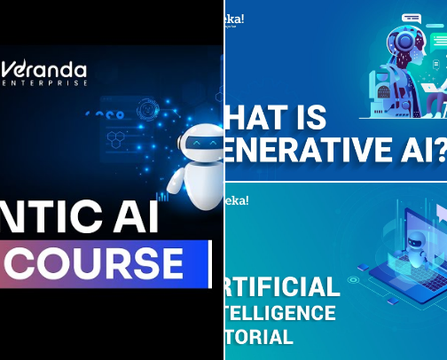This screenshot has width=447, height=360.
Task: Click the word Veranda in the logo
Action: click(x=50, y=69)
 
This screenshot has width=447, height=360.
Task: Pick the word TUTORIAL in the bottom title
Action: click(x=262, y=337)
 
